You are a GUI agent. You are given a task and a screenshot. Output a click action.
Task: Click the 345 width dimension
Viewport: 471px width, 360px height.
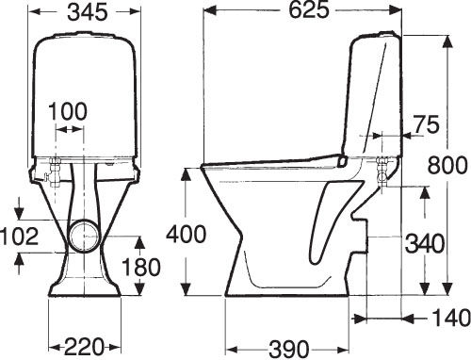click(88, 13)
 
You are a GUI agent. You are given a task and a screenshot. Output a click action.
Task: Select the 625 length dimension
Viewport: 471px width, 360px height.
click(309, 10)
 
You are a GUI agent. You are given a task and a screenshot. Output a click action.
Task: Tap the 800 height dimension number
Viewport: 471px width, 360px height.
click(447, 165)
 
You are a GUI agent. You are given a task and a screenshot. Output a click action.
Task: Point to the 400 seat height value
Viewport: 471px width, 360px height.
click(187, 234)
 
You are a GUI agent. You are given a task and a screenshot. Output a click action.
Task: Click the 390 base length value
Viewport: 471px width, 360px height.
click(289, 349)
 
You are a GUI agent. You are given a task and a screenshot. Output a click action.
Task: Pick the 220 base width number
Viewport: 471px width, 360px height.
click(84, 347)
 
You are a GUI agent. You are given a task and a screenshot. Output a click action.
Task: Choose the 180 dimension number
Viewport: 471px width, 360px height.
click(141, 267)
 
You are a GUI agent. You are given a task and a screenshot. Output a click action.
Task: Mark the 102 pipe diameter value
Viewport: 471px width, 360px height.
click(19, 237)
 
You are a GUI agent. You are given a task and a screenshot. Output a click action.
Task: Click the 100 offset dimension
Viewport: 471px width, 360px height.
click(68, 111)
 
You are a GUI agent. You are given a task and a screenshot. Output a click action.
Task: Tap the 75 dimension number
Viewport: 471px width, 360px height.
click(426, 124)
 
